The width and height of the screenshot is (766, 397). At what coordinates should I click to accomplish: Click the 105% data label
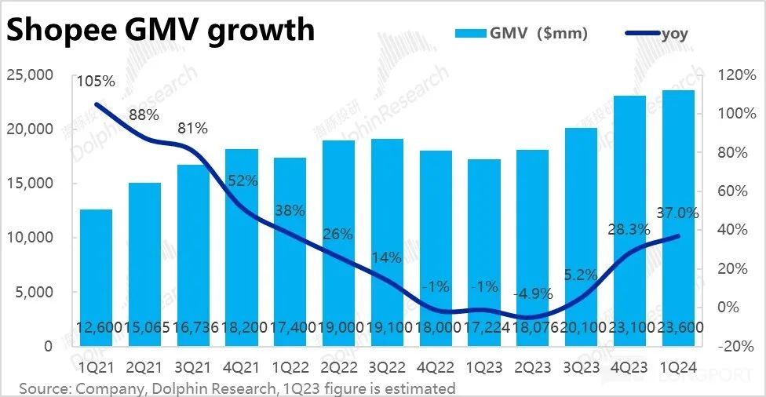pos(96,81)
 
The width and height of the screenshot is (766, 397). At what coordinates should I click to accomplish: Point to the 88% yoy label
pos(144,115)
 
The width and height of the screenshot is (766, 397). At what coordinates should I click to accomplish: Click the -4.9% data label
pos(533,294)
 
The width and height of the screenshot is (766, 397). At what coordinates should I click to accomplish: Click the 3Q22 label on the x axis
pos(387,367)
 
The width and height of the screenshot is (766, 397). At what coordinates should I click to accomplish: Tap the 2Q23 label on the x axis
pos(533,367)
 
